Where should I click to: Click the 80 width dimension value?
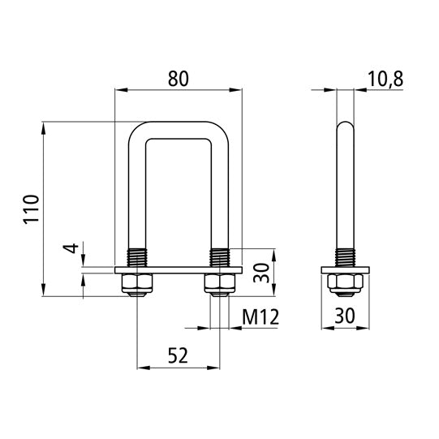click(179, 79)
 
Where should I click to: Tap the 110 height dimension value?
click(30, 209)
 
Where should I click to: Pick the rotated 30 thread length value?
click(261, 272)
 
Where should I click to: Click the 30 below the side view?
click(345, 317)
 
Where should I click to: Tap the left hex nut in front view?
click(136, 284)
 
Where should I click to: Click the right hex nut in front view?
click(220, 284)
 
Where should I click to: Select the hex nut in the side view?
click(345, 284)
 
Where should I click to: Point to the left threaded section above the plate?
click(136, 256)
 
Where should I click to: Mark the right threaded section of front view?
click(220, 256)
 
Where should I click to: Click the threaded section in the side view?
click(345, 256)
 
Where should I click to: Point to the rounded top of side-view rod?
click(345, 128)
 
